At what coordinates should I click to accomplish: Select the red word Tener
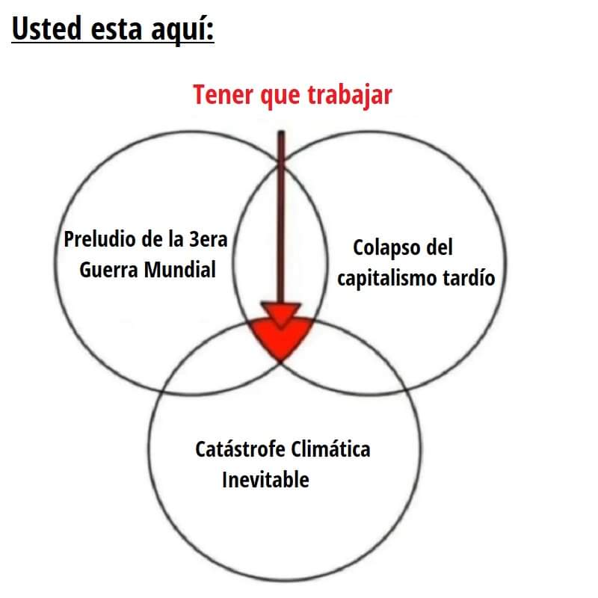223,95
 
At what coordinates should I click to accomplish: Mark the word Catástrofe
239,450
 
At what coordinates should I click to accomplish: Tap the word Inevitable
265,479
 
